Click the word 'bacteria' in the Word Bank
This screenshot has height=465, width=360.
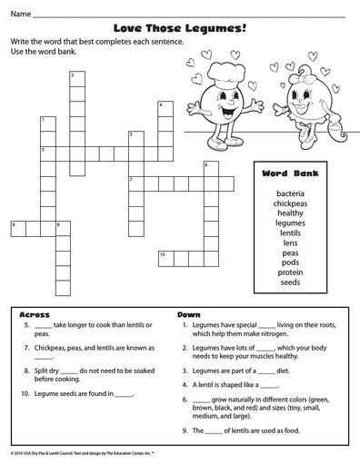click(291, 193)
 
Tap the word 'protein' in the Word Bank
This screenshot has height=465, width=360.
click(291, 272)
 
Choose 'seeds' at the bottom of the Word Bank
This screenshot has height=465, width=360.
click(291, 282)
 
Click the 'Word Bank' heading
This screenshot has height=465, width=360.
click(291, 173)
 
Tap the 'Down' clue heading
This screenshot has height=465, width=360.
click(188, 314)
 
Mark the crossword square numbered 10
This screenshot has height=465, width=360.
click(165, 255)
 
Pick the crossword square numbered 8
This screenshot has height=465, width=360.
click(17, 225)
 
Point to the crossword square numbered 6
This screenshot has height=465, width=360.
click(210, 167)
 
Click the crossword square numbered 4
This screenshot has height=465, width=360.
click(165, 108)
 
